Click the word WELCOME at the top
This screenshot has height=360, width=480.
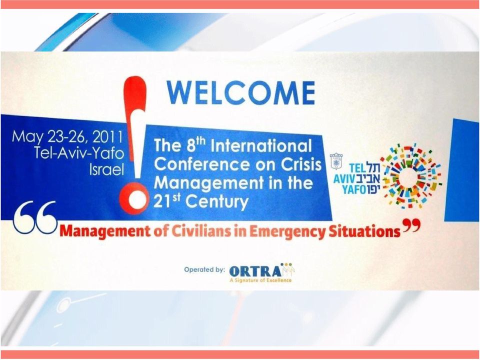(240, 93)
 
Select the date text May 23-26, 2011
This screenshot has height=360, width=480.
(67, 137)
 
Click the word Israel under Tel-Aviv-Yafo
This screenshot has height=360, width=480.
(106, 169)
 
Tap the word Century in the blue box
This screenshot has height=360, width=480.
(216, 202)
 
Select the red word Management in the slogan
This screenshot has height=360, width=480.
(105, 231)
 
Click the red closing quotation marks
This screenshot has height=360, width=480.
(411, 225)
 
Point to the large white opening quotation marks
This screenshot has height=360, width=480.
(35, 217)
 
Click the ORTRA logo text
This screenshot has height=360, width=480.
(254, 271)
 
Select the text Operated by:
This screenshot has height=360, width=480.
(204, 269)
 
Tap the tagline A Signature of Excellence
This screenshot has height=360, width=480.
(261, 280)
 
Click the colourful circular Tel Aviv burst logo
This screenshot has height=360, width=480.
(411, 175)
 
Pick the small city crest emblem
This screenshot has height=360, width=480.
(336, 160)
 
